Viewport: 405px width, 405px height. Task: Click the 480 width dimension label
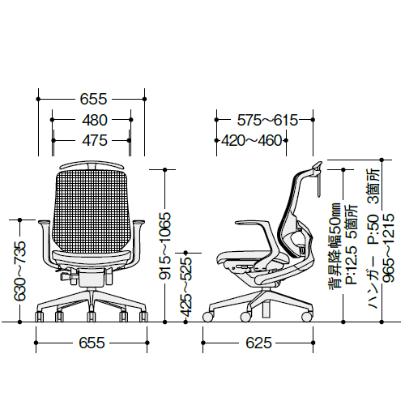coord(95,120)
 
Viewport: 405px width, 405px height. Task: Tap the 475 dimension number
coord(95,140)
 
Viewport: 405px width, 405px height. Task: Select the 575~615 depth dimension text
coord(267,120)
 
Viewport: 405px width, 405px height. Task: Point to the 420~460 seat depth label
coord(252,140)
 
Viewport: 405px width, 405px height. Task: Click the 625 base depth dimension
coord(258,343)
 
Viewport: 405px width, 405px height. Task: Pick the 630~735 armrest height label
coord(20,271)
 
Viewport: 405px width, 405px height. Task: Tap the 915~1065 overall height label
coord(164,245)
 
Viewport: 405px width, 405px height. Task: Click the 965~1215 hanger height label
coord(389,249)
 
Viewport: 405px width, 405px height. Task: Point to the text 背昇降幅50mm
coord(335,247)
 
